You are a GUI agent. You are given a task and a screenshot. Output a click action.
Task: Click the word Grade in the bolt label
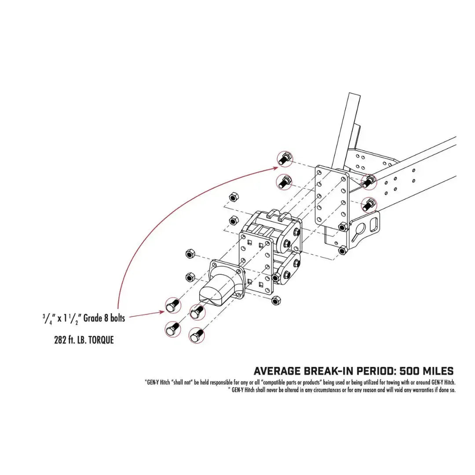click(x=92, y=318)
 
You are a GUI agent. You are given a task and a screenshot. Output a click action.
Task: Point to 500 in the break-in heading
click(x=412, y=371)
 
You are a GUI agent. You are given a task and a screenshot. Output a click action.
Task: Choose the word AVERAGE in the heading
click(x=277, y=371)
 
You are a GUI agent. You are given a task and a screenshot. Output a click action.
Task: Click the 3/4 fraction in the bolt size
click(x=45, y=318)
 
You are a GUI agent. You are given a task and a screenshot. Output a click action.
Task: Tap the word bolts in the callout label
click(x=116, y=318)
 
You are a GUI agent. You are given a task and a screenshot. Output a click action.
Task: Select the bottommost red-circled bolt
click(x=197, y=336)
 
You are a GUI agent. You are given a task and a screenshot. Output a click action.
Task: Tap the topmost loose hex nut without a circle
click(x=234, y=196)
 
